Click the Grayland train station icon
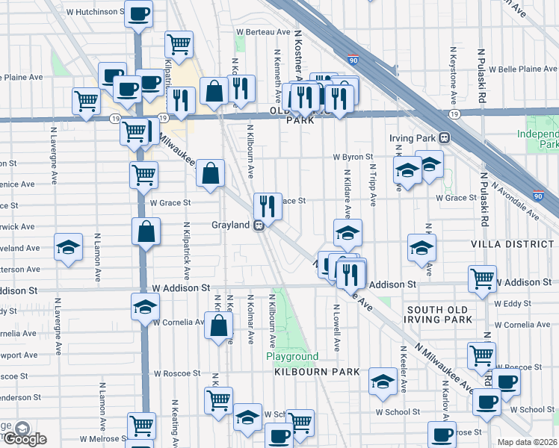259,225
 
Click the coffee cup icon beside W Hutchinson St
138,14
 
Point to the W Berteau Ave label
263,32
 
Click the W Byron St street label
353,157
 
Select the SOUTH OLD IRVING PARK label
440,314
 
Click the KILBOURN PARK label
317,372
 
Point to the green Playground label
293,357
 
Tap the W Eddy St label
512,303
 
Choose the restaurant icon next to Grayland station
267,207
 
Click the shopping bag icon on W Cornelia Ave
217,327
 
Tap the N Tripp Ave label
372,182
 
